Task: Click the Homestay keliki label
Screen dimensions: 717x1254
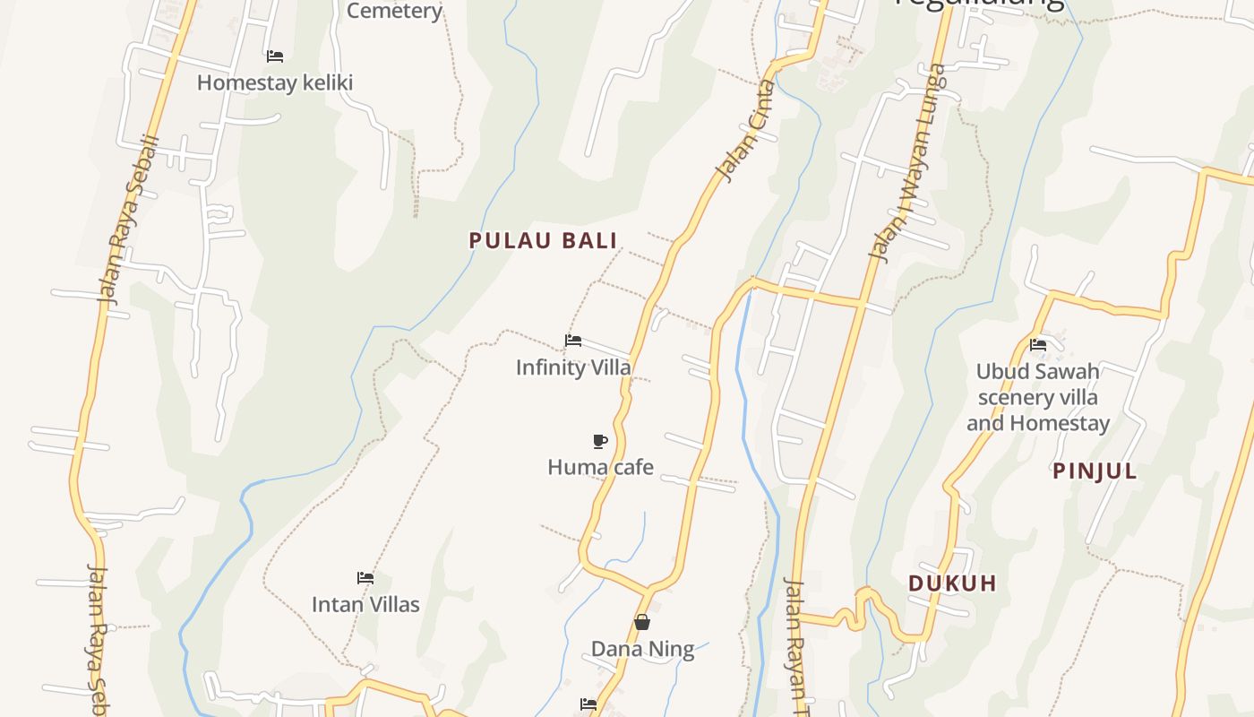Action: pos(275,82)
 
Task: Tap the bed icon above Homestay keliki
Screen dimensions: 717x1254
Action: pos(275,56)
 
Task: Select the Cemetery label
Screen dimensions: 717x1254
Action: pos(394,11)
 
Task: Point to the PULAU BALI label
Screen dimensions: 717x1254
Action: pos(544,240)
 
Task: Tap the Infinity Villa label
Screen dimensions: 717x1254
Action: pos(573,367)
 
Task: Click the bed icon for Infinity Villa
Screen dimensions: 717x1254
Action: pos(573,341)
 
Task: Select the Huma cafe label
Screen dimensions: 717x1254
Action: pos(600,467)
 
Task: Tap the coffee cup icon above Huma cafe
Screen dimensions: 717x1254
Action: pos(600,440)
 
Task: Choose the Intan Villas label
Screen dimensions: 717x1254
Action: pos(365,604)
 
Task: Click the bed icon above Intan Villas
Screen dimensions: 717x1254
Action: pos(365,577)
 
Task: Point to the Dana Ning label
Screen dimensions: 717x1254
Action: pos(642,649)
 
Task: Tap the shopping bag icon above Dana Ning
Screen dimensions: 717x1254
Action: pos(642,622)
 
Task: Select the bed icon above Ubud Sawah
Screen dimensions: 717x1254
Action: pos(1038,344)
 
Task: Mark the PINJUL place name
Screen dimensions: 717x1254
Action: pos(1095,471)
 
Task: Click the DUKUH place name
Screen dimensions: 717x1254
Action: pos(952,583)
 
